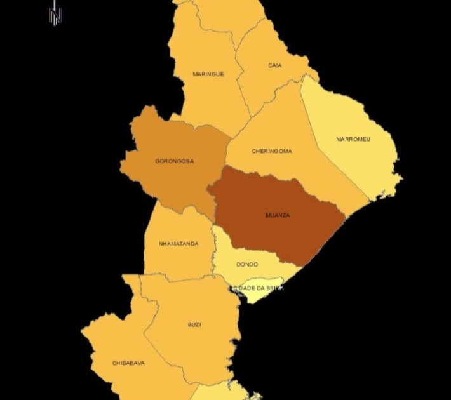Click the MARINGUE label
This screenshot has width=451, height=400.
pos(208,74)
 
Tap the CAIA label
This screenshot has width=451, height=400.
pos(275,65)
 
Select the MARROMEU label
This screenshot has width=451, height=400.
pos(353,139)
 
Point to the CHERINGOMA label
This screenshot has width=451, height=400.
pos(272,151)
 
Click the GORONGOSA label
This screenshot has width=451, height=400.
pos(175,161)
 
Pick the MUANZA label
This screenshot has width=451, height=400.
pos(278,215)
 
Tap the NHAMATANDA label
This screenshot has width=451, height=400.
pos(178,244)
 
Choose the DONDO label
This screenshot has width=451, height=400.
pos(247,264)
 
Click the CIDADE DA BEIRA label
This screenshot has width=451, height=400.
pos(257,288)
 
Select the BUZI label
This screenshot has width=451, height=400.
pos(194,324)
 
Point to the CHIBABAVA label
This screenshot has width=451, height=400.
pos(128,363)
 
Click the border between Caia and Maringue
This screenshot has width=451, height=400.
pos(240,76)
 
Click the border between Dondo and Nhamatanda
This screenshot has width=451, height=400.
pos(214,254)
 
